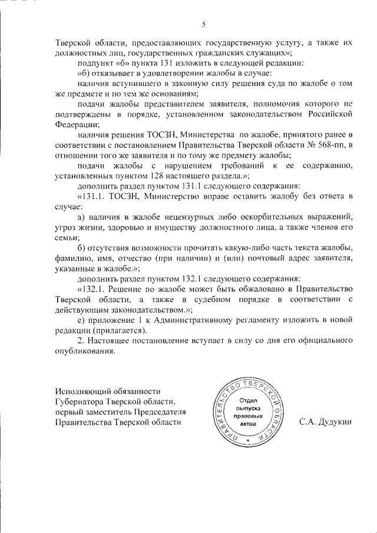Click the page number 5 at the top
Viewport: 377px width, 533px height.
point(204,24)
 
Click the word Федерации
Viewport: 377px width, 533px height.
point(77,124)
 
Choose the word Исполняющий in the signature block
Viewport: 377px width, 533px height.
point(82,391)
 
